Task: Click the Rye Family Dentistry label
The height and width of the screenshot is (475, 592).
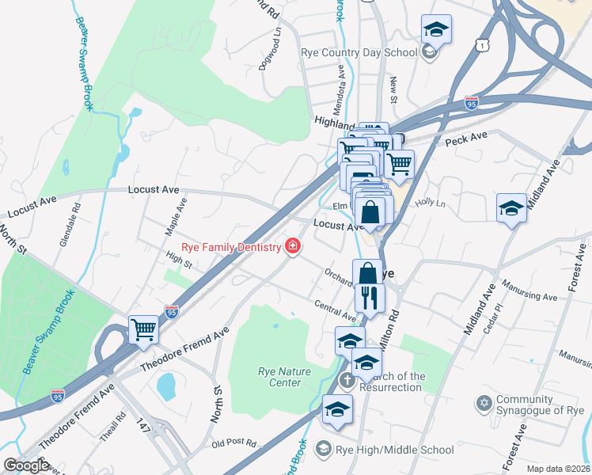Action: [x=231, y=247]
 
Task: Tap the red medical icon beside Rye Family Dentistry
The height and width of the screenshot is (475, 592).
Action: [x=293, y=247]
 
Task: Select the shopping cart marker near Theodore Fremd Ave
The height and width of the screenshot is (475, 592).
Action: [x=143, y=329]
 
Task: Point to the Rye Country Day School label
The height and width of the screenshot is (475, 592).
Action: [x=359, y=53]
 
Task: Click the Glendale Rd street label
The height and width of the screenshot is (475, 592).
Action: [x=76, y=226]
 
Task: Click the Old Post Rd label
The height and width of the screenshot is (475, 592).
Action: [x=234, y=443]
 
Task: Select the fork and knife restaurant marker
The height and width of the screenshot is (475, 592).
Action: [x=369, y=298]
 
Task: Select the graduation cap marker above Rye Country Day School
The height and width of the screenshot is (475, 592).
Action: [x=435, y=30]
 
